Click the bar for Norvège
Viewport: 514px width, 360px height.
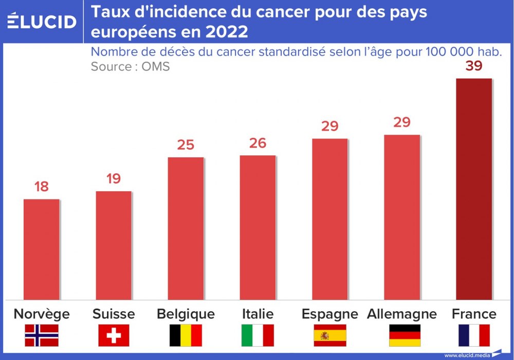tap(41, 249)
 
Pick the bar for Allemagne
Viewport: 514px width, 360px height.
tap(401, 217)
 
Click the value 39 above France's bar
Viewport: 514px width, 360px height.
tap(473, 66)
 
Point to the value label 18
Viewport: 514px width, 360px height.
tap(41, 187)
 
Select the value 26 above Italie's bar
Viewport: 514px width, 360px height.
tap(258, 143)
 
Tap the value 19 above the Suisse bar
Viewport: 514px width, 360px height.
tap(114, 179)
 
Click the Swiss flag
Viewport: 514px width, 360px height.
tap(114, 335)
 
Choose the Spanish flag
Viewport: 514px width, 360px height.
tap(329, 335)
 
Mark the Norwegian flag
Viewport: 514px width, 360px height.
tap(42, 335)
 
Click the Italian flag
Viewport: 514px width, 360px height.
tap(258, 335)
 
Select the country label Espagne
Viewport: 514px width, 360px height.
tap(329, 314)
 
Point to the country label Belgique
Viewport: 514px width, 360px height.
tap(186, 314)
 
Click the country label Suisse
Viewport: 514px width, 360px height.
tap(114, 314)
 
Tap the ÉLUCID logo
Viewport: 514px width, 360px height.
tap(42, 21)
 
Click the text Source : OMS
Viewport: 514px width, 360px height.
tap(130, 66)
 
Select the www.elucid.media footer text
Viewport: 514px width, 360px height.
tap(466, 355)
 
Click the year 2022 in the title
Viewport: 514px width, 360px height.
tap(226, 32)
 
